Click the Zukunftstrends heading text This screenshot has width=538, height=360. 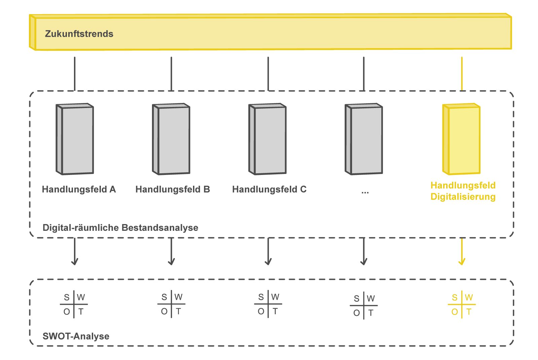(x=79, y=34)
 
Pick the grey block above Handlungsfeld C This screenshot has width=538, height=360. (x=268, y=139)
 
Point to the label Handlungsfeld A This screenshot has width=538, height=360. (x=79, y=189)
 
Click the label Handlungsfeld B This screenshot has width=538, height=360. (x=172, y=189)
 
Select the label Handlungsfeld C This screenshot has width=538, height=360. (x=269, y=189)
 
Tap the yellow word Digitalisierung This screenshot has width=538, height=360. (x=463, y=197)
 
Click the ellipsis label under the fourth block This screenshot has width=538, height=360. (x=365, y=192)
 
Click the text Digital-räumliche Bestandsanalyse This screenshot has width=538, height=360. (x=120, y=228)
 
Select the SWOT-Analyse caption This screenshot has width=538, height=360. (x=76, y=336)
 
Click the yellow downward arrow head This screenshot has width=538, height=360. (x=462, y=262)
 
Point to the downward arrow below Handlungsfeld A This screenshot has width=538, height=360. (x=75, y=252)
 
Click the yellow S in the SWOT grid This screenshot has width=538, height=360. (x=455, y=297)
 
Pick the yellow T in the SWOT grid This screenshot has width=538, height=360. (x=469, y=312)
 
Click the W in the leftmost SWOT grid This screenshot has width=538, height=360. (x=81, y=297)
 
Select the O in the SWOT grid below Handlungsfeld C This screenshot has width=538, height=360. (x=261, y=312)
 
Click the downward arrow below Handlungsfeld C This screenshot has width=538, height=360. (x=268, y=252)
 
